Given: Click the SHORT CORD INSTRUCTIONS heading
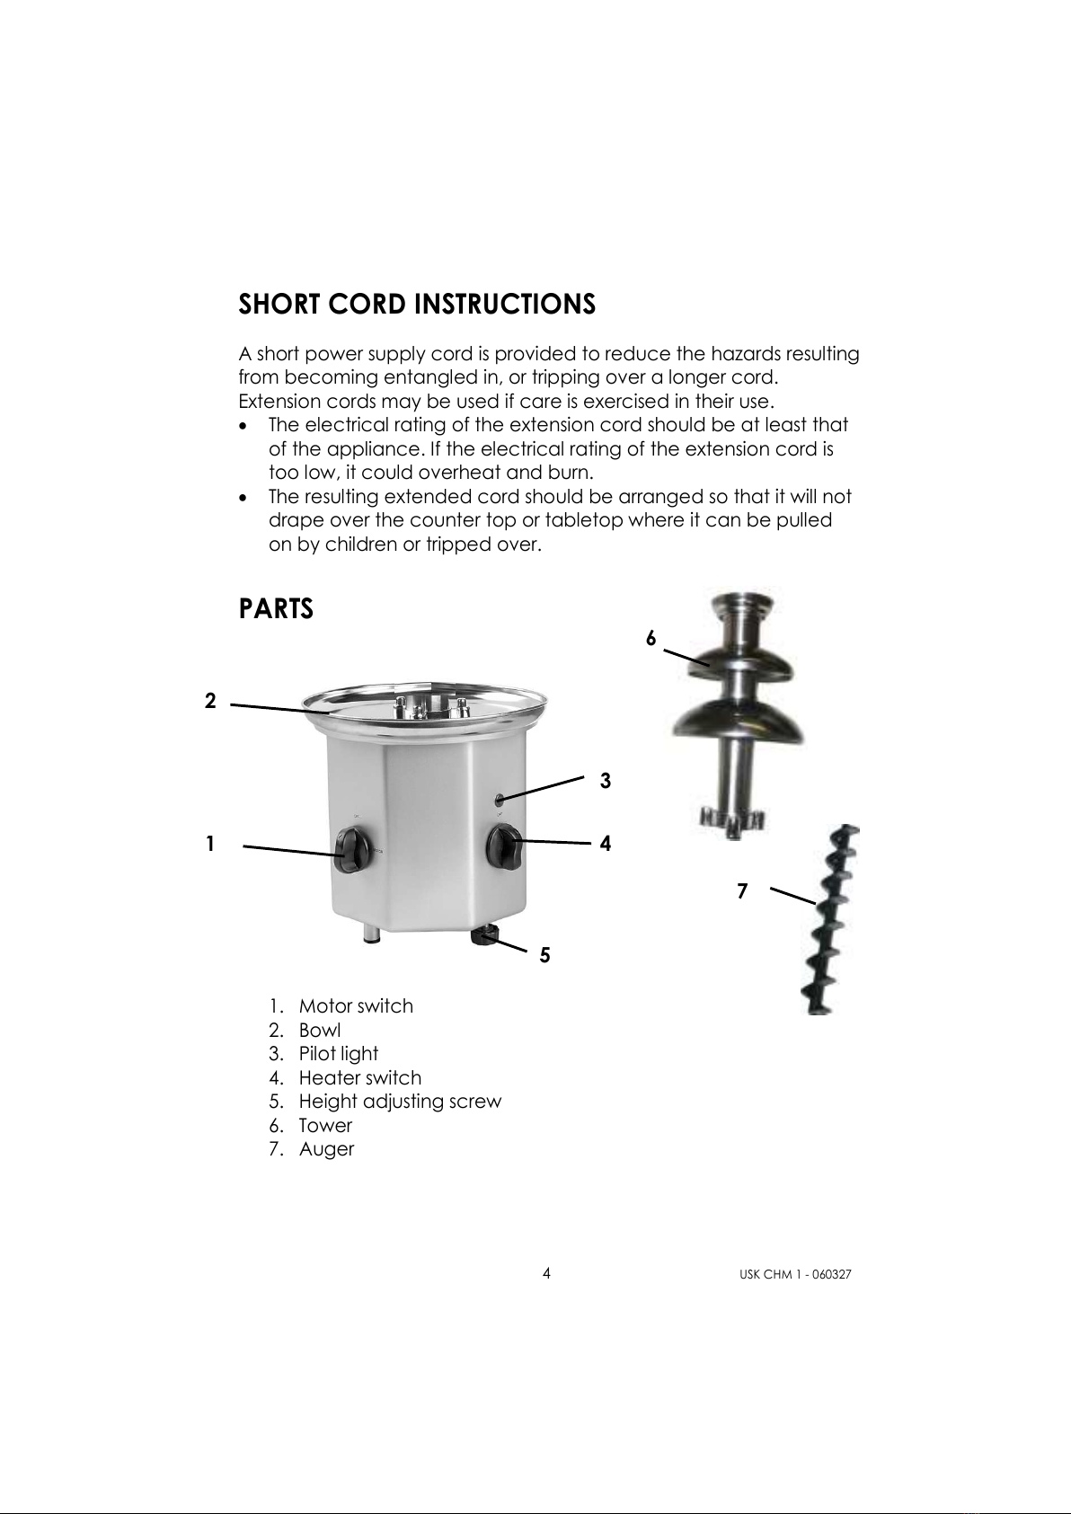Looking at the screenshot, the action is pos(417,305).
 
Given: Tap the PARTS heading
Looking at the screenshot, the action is pos(276,609).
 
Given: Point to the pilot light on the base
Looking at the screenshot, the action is pos(500,800).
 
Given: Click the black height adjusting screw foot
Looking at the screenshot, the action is pos(484,935).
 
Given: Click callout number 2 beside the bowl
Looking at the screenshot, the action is pos(210,701).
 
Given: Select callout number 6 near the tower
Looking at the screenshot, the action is pos(651,638).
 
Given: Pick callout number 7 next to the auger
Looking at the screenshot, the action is pos(743,891).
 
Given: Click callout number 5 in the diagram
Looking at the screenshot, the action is pos(544,955).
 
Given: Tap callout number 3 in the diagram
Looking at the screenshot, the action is pos(606,781).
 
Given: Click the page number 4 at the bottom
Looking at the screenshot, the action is pos(546,1273).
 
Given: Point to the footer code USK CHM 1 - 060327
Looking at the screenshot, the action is pos(795,1275).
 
